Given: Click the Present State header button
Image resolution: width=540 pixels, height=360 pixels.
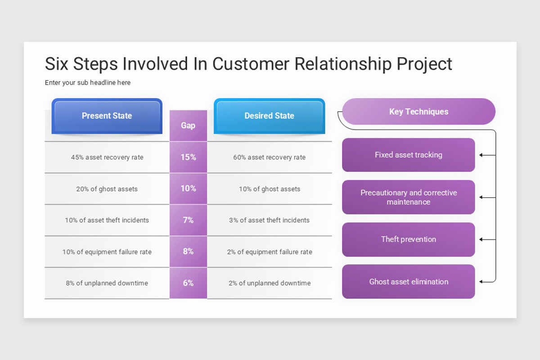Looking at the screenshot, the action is point(107,116).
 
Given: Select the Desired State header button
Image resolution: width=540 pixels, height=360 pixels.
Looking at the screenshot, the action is point(269,116).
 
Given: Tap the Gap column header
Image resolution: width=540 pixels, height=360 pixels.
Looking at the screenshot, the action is point(188,126).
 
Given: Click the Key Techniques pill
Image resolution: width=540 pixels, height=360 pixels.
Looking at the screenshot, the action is point(419,112).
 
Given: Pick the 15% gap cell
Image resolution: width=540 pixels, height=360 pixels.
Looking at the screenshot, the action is point(188,157).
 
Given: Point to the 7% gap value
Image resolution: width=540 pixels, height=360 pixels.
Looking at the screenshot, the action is point(188,220).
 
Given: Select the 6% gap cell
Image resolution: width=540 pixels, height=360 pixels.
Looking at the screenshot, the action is point(188,283).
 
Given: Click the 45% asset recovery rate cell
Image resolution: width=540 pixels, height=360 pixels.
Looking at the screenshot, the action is point(107,157).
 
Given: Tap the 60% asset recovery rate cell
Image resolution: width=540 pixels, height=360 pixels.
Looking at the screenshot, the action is point(270,157).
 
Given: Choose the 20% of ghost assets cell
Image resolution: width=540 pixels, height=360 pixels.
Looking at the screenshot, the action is point(107,189).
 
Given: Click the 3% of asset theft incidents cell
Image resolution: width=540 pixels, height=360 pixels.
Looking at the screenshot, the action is point(270,220).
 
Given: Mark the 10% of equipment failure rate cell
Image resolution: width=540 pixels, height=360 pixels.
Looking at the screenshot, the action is point(107,252).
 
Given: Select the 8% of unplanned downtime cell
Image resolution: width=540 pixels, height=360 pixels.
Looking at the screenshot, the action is point(107,283).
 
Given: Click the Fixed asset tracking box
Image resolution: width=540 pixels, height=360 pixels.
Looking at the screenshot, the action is point(409,155).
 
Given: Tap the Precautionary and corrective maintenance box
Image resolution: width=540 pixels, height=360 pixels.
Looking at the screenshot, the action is point(409,197).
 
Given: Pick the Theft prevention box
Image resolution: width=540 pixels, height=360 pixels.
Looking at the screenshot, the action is point(409,239).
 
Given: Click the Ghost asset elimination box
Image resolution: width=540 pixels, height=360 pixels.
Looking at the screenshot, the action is point(409,282).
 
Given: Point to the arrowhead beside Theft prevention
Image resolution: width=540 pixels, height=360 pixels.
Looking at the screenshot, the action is point(481,239).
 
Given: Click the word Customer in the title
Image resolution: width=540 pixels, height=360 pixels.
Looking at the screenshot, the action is point(251,64).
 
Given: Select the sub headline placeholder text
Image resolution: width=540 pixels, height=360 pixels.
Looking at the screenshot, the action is point(88,83).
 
